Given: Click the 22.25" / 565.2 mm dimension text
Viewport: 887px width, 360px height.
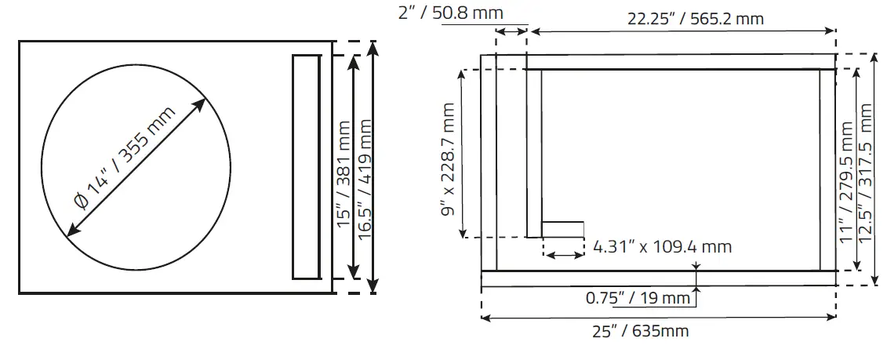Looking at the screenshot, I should tap(695, 19).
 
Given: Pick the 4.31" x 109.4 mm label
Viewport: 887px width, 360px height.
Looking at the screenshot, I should tap(662, 246).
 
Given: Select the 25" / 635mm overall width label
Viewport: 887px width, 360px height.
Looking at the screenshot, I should tap(640, 331).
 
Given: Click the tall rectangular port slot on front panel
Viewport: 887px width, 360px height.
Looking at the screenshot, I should tap(306, 166).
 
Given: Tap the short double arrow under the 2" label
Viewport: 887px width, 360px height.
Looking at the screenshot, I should tap(511, 31).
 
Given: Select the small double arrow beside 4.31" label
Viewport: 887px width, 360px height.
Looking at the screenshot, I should tap(563, 254).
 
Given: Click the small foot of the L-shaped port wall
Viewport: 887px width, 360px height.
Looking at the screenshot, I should tap(562, 228).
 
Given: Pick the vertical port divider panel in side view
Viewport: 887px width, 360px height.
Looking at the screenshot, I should tap(534, 153).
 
